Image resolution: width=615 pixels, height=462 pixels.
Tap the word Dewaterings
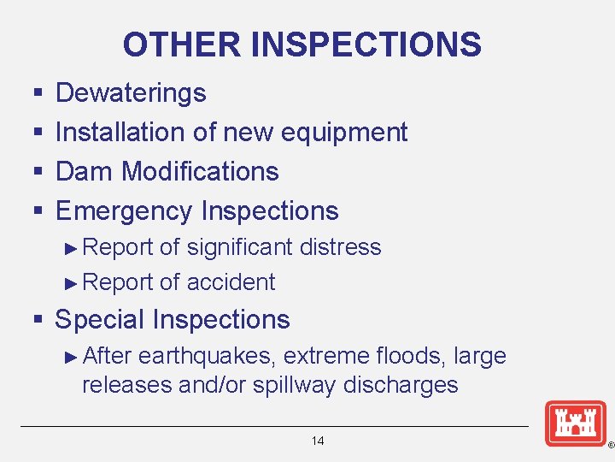[131, 92]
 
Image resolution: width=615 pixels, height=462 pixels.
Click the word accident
[231, 282]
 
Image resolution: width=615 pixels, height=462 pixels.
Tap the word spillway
[295, 385]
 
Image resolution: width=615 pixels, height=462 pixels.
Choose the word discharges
[401, 385]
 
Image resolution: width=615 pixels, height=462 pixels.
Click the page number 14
[318, 441]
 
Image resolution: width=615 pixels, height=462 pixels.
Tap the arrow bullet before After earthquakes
[72, 357]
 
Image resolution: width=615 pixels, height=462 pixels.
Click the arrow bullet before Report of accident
[72, 283]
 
